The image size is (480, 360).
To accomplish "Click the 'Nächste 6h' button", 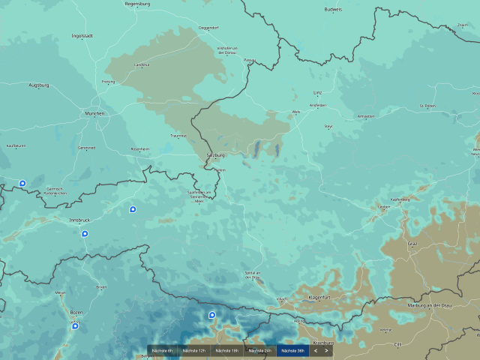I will click(x=162, y=350).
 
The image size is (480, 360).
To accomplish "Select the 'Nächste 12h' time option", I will click(x=194, y=350).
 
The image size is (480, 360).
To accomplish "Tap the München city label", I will click(x=95, y=114).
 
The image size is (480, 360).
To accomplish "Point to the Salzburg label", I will click(x=215, y=155).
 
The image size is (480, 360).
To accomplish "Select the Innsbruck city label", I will click(x=79, y=219).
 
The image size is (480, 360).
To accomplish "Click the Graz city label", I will click(x=411, y=244).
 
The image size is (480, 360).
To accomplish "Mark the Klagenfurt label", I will click(x=323, y=298).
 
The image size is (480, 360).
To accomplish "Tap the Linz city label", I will click(x=317, y=93).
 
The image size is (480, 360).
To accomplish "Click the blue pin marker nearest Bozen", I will click(x=75, y=326).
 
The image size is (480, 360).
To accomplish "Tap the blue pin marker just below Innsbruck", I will click(x=85, y=233).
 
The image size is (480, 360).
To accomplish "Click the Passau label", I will click(x=250, y=60).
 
